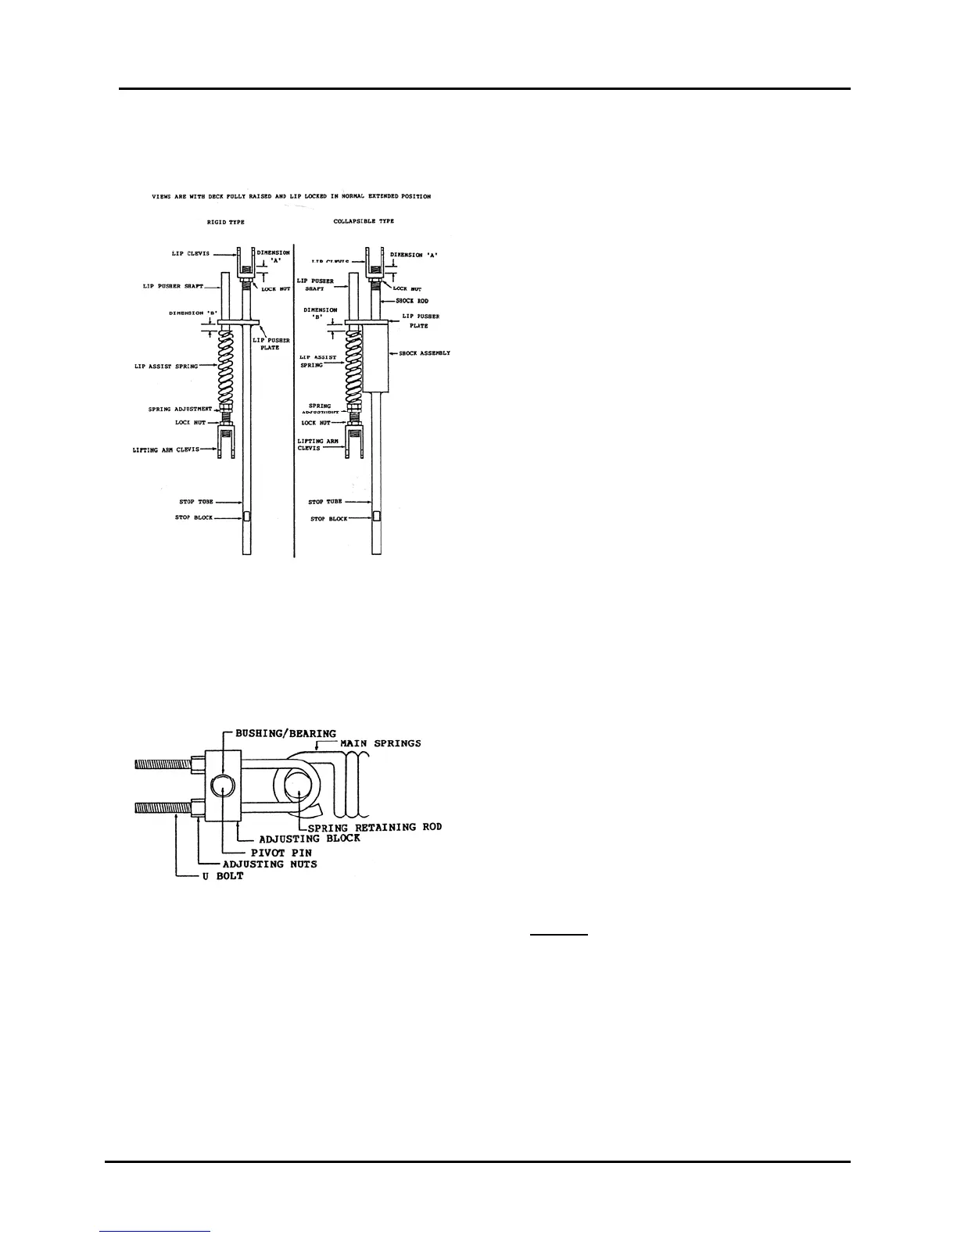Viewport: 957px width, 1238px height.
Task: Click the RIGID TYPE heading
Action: [x=226, y=222]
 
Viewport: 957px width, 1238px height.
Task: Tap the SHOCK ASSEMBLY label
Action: [x=425, y=353]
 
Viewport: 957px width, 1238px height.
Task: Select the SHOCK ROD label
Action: [x=412, y=301]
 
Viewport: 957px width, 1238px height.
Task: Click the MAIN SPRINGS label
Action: [x=381, y=743]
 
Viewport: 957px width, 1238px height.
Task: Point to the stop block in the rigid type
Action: [x=246, y=517]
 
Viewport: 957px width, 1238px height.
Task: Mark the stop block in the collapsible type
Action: [x=376, y=517]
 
